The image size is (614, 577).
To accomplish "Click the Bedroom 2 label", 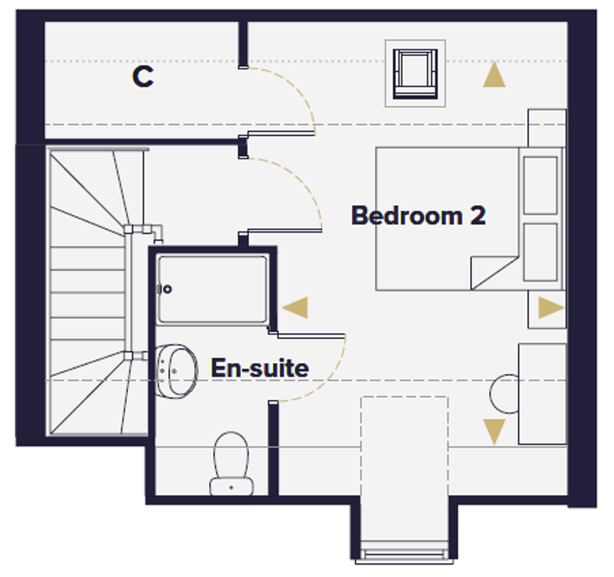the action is tap(419, 215).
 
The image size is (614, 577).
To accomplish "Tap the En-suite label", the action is tap(260, 368).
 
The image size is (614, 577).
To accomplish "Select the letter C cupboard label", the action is tap(143, 76).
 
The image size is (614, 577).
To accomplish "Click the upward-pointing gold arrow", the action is tap(494, 74).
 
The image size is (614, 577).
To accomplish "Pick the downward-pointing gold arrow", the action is tap(494, 432).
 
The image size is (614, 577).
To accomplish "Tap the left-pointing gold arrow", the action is tap(295, 307).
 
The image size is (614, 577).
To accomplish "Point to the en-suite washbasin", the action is tap(176, 371).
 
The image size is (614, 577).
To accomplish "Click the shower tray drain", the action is tap(167, 290).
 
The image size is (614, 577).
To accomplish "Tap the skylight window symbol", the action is tap(415, 74).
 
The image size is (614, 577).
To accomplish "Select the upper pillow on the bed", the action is tap(540, 185).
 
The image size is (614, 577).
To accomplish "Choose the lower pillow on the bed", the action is tap(540, 252).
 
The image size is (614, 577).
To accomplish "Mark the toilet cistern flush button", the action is tap(232, 487).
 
